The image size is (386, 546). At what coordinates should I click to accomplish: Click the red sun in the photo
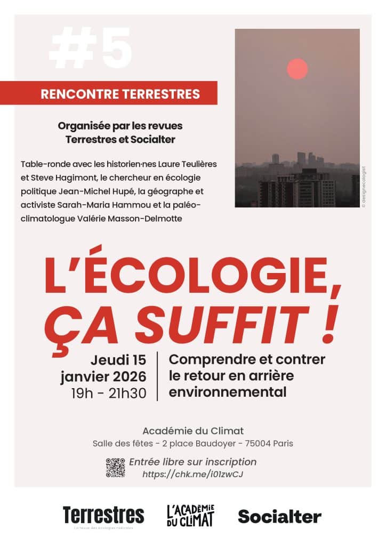point(297,69)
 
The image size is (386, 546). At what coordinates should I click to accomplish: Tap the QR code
point(115,467)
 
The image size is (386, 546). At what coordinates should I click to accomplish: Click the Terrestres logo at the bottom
point(103,515)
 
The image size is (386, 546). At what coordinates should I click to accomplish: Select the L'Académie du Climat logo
point(190,515)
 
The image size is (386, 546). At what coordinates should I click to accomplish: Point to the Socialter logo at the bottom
point(279,516)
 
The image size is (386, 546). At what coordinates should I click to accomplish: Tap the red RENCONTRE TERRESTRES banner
point(120,94)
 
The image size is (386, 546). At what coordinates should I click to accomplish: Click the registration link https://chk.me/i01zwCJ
point(193,473)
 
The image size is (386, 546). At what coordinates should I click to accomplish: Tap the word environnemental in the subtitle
point(228,392)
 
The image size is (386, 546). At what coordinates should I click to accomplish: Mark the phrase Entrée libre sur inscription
point(193,462)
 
